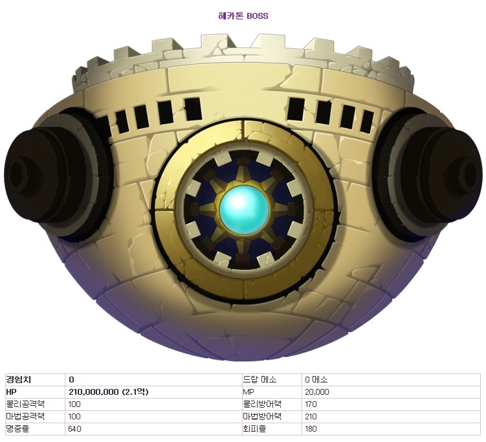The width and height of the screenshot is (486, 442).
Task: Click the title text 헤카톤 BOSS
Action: point(243,16)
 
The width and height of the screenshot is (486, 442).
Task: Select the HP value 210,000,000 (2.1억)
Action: point(109,392)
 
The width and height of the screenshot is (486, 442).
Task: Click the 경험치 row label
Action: point(19,380)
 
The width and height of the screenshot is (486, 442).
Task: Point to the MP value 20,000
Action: point(316,392)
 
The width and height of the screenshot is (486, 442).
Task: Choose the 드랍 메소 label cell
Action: point(260,380)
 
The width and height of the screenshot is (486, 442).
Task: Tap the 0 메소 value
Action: point(316,380)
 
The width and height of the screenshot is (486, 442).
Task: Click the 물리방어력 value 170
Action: point(311,404)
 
